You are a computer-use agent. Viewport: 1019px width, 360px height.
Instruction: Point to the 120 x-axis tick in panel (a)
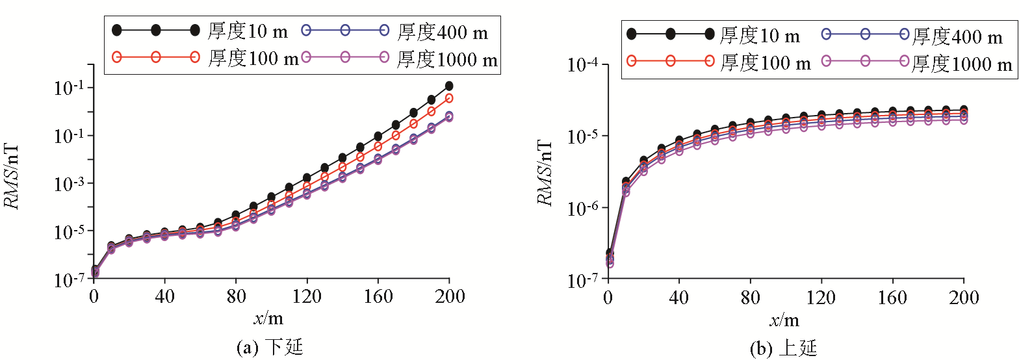307,296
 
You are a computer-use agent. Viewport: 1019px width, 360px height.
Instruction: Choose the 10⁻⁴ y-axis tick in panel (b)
584,66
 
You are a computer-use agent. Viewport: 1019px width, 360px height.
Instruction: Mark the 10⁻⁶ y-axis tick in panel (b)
584,208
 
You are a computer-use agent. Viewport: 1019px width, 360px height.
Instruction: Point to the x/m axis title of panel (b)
784,320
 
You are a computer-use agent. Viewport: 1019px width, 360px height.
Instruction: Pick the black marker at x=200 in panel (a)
448,86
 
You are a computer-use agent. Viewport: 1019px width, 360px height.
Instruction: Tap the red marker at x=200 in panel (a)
448,98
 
